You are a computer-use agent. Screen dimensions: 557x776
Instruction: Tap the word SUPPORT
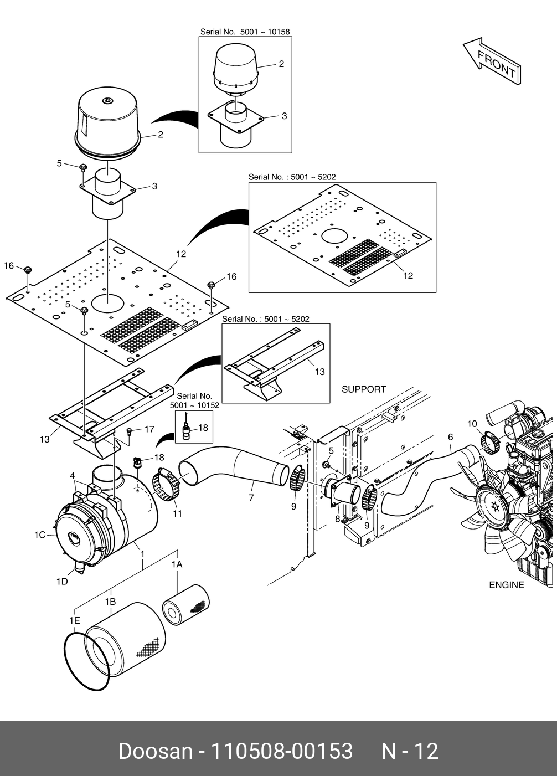tap(364, 389)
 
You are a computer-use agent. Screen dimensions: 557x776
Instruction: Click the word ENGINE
tap(507, 585)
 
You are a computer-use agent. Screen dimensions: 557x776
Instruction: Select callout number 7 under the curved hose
tap(251, 497)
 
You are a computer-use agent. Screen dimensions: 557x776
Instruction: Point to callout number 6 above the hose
tap(450, 437)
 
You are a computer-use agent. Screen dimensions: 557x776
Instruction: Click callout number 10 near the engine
tap(472, 424)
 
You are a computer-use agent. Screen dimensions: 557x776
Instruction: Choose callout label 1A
tap(177, 564)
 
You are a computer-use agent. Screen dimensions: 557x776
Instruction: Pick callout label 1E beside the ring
tap(75, 620)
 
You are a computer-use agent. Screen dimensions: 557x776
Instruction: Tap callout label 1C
tap(40, 535)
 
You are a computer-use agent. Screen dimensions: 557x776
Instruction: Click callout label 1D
tap(62, 581)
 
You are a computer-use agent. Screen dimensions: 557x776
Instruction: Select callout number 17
tap(149, 429)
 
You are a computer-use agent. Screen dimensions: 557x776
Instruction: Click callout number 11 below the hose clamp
tap(177, 513)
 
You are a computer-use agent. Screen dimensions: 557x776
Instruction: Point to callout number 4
tap(72, 476)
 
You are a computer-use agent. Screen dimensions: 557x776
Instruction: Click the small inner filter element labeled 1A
tap(186, 605)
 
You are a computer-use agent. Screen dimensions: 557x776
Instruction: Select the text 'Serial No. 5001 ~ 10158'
tap(245, 32)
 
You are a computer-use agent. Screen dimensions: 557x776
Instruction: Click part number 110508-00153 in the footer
tap(282, 751)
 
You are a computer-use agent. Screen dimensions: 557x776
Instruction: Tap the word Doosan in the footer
tap(155, 751)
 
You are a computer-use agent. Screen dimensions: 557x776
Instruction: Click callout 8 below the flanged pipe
tap(337, 518)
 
